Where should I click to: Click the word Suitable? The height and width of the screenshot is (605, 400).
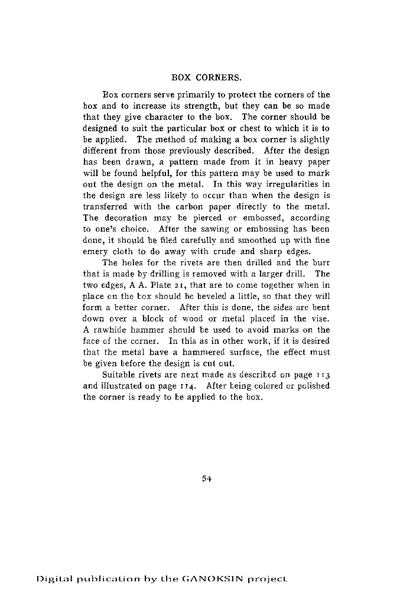click(119, 375)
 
